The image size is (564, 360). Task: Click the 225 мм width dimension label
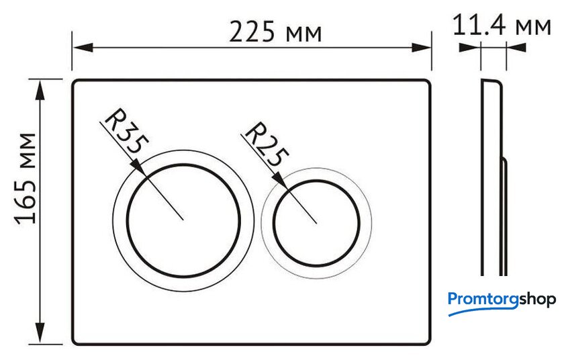[x=275, y=32]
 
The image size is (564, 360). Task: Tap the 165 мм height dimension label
[x=26, y=179]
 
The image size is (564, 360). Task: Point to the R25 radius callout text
[x=267, y=144]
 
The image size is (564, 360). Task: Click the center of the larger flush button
[x=183, y=220]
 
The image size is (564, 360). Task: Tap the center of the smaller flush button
[x=316, y=223]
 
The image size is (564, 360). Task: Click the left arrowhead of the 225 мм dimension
[x=83, y=47]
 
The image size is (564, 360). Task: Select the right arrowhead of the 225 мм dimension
[x=421, y=47]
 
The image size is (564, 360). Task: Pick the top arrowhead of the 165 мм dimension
[x=40, y=90]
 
